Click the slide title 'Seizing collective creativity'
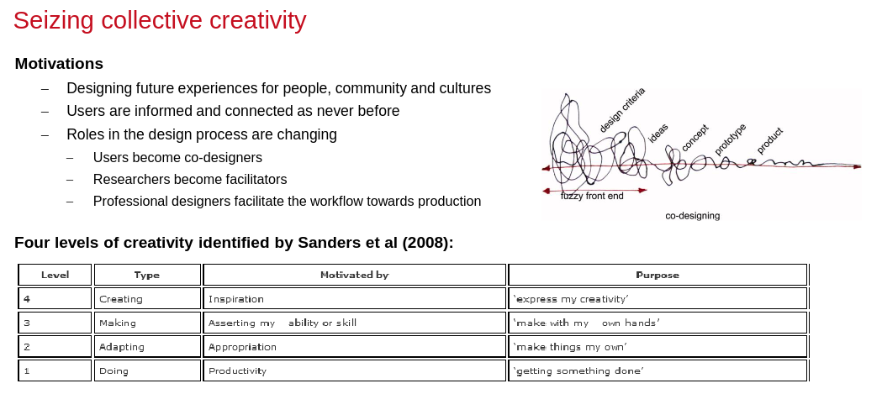tap(160, 21)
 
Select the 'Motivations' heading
tap(59, 64)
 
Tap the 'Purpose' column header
tap(658, 275)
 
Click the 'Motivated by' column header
tap(354, 275)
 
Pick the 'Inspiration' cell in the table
tap(354, 298)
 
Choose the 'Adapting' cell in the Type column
tap(147, 347)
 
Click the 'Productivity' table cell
tap(354, 370)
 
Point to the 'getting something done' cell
tap(658, 370)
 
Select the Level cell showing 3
tap(55, 323)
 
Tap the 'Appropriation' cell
tap(354, 347)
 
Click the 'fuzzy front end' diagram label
tap(592, 196)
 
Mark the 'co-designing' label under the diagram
tap(693, 216)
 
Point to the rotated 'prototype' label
tap(730, 139)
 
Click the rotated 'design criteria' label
tap(621, 110)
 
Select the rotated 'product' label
tap(769, 141)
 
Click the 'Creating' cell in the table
tap(147, 298)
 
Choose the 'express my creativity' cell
tap(658, 298)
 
